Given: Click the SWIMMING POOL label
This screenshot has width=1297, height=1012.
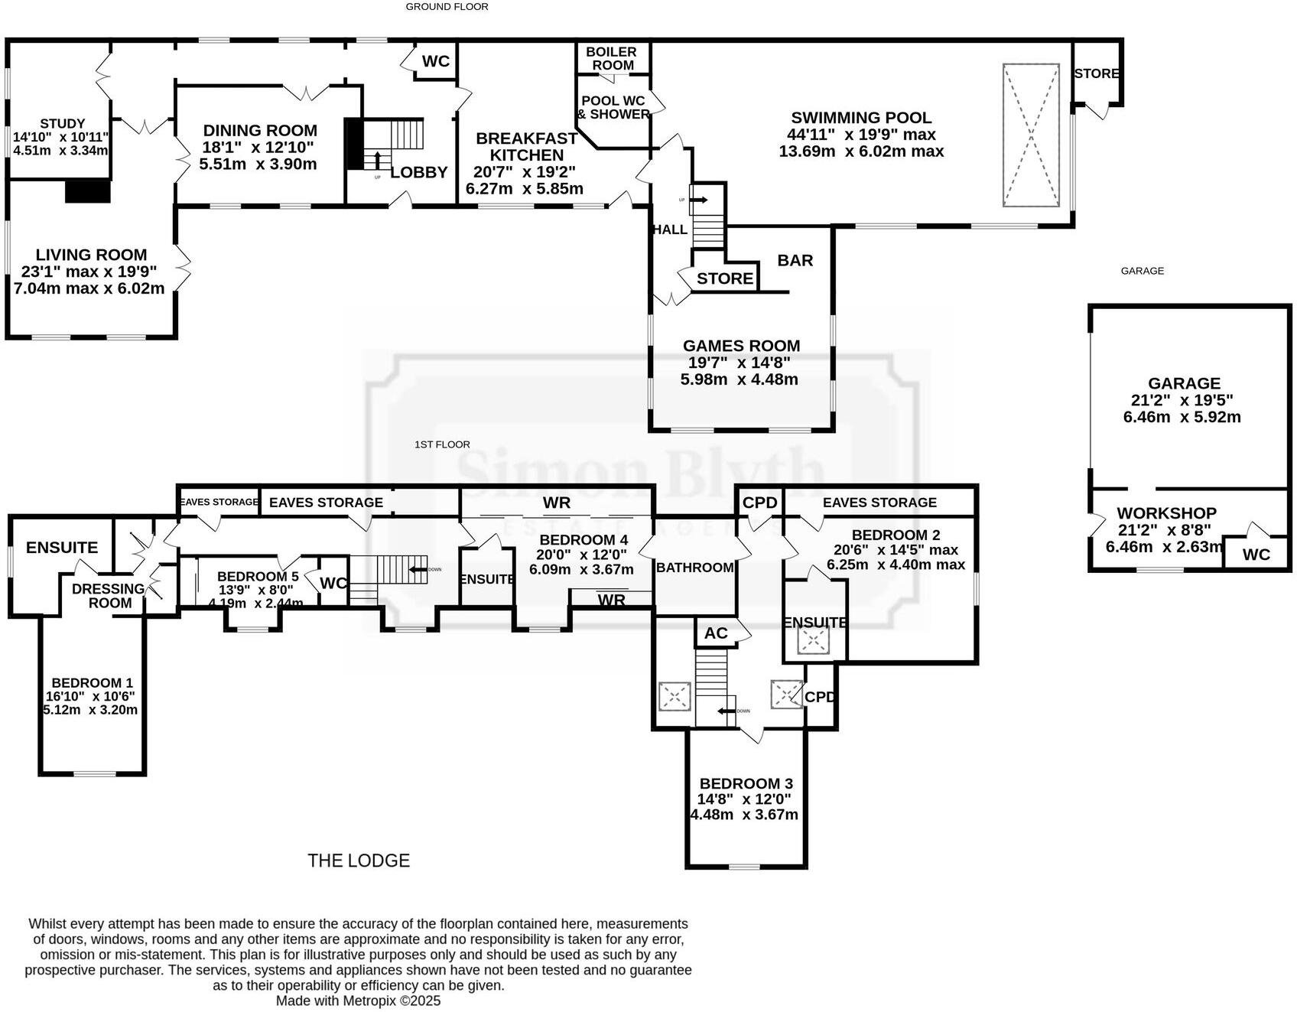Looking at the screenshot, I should coord(861,118).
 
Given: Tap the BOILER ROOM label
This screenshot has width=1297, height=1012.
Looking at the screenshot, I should coord(611,58).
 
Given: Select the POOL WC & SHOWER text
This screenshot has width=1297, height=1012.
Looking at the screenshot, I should coord(613,107).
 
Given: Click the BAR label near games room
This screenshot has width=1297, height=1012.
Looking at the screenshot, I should coord(795,260).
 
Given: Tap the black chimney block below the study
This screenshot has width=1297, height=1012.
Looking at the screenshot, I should coord(88,190).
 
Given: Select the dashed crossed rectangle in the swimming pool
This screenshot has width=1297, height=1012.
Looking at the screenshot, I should coord(1031,135).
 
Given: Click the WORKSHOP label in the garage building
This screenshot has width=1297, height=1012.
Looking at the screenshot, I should coord(1166,513).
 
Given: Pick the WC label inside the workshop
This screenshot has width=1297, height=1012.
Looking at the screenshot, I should coord(1256,555).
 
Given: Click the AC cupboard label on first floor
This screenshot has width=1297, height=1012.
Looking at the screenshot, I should coord(716,633).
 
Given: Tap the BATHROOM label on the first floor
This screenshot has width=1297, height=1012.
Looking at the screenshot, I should coord(694,567).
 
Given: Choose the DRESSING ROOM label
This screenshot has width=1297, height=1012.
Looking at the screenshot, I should coord(108,595).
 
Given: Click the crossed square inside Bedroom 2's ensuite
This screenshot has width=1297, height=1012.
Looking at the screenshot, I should coord(814,641).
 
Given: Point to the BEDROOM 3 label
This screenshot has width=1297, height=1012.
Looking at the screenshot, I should coord(746,783).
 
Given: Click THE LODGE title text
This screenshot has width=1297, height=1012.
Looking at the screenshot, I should coord(359,861).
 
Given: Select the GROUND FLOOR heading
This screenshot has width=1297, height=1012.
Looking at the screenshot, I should coord(447,7).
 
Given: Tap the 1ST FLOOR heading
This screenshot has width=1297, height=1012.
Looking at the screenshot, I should coord(442,444).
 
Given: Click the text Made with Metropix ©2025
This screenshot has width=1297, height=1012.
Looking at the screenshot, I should coord(358,1001).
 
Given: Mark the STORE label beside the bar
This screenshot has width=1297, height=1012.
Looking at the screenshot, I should coord(725,278).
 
